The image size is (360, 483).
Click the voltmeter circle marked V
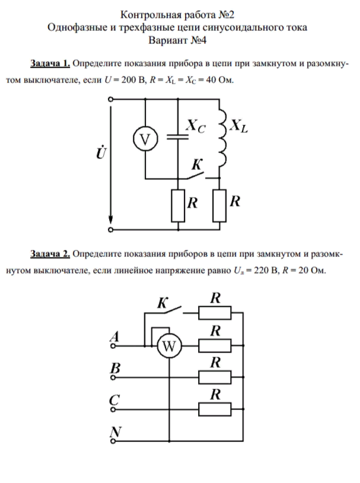tap(143, 139)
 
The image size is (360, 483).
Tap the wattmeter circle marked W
tap(168, 348)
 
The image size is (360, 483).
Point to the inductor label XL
tap(238, 125)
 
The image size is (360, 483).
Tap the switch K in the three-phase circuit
tap(170, 309)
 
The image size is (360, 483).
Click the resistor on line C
tap(215, 408)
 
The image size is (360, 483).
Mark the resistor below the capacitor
tap(177, 204)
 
